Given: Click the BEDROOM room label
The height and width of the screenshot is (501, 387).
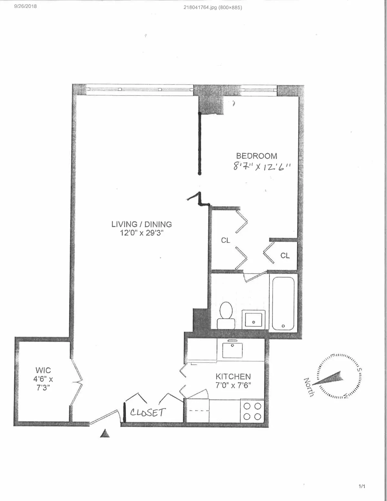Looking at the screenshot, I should tap(256, 156).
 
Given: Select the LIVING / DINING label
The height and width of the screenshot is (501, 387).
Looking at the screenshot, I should tap(141, 224).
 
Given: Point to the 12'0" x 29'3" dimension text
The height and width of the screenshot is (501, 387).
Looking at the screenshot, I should tap(142, 233).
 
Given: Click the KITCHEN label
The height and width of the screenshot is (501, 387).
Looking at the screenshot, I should tap(233, 376).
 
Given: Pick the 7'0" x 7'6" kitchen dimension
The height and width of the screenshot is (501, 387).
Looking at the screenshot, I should tap(233, 385).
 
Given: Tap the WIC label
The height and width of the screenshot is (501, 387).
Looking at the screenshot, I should tap(43, 370).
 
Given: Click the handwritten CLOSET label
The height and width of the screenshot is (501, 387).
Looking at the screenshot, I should tap(148, 413).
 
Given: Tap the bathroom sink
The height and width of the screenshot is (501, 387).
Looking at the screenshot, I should tap(253, 319).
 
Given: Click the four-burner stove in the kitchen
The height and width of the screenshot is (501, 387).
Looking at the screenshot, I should tap(252, 411).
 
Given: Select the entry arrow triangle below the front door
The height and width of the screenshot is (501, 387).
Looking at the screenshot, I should tap(105, 434).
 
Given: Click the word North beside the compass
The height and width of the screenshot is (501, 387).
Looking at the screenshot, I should tap(309, 387).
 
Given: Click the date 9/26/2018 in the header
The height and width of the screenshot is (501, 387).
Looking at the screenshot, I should tap(25, 6).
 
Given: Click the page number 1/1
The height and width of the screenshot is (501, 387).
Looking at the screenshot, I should tap(362, 486).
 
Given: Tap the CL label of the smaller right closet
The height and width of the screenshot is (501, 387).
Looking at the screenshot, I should tap(285, 256).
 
